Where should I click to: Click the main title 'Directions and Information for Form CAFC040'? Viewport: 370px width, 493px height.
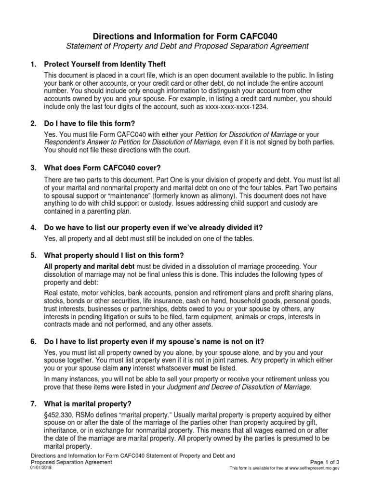pyautogui.click(x=185, y=36)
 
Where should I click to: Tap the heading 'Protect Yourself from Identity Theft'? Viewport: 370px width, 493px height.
pyautogui.click(x=105, y=64)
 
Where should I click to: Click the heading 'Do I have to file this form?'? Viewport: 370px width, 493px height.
pyautogui.click(x=92, y=124)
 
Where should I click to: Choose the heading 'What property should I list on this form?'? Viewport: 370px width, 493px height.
pyautogui.click(x=114, y=255)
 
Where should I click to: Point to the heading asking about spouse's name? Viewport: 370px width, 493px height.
pyautogui.click(x=154, y=341)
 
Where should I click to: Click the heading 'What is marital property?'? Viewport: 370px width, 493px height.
pyautogui.click(x=88, y=403)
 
